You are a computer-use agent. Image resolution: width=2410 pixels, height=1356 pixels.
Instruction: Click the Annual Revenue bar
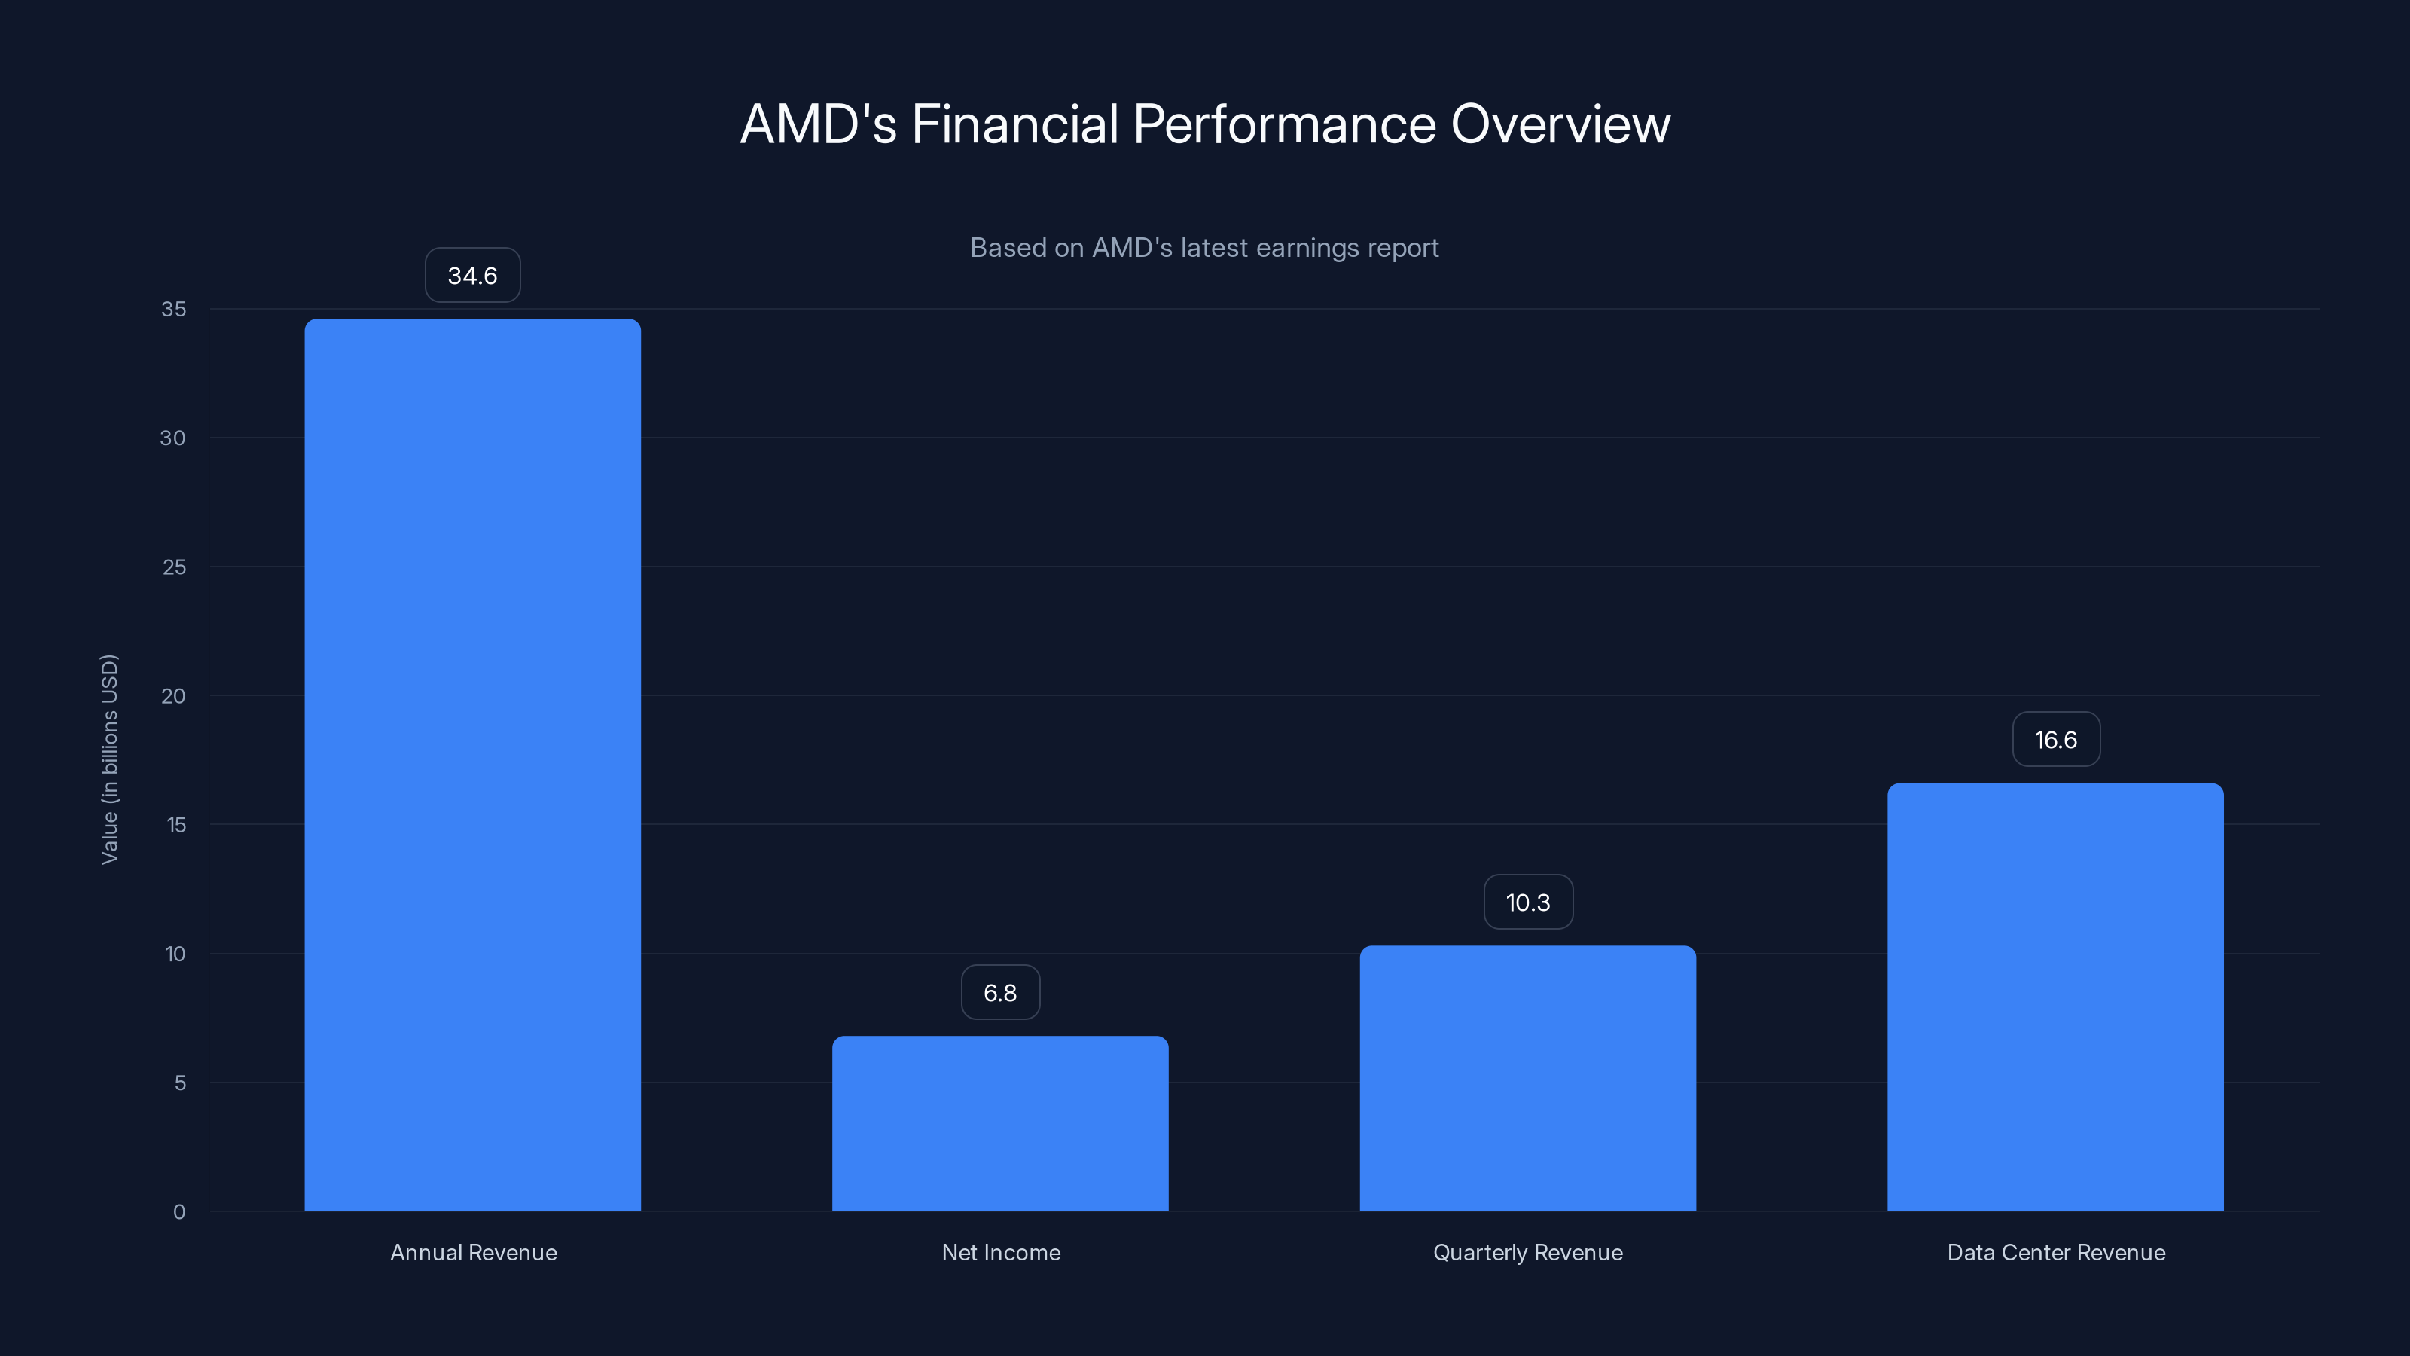click(x=472, y=765)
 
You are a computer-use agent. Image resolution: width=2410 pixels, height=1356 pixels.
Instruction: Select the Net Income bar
click(x=1000, y=1123)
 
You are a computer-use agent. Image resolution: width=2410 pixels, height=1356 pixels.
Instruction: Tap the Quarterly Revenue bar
click(x=1528, y=1078)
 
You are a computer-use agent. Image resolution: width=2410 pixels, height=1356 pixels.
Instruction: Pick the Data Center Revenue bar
click(x=2055, y=997)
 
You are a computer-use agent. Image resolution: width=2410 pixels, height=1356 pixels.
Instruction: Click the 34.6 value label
click(x=472, y=275)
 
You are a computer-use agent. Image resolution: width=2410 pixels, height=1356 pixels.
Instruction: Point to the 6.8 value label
click(x=1000, y=993)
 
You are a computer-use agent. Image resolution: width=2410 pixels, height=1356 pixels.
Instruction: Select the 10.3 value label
click(x=1528, y=902)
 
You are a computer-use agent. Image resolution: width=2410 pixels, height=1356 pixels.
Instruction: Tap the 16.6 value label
click(x=2055, y=739)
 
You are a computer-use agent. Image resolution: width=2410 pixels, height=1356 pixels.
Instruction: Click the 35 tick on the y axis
click(x=173, y=309)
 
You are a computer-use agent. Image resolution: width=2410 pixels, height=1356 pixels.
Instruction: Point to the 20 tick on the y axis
click(x=173, y=695)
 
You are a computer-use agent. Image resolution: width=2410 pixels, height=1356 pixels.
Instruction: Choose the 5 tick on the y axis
click(x=180, y=1083)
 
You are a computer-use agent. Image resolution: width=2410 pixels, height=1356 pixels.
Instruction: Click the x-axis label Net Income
click(x=1001, y=1252)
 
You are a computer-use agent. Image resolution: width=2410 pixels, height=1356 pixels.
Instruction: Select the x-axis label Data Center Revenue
click(x=2055, y=1252)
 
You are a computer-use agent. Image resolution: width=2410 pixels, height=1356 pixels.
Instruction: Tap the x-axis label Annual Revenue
click(x=474, y=1252)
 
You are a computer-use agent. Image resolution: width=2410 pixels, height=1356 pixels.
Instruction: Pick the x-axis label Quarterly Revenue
click(x=1528, y=1252)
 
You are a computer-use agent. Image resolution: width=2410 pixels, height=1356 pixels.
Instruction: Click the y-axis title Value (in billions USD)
click(x=109, y=759)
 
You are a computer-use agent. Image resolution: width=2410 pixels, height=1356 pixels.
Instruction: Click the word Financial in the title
click(x=1014, y=124)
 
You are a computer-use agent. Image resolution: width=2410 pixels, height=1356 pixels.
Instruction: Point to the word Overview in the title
click(x=1560, y=124)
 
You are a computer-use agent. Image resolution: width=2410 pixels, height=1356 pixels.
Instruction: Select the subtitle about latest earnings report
click(x=1204, y=248)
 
